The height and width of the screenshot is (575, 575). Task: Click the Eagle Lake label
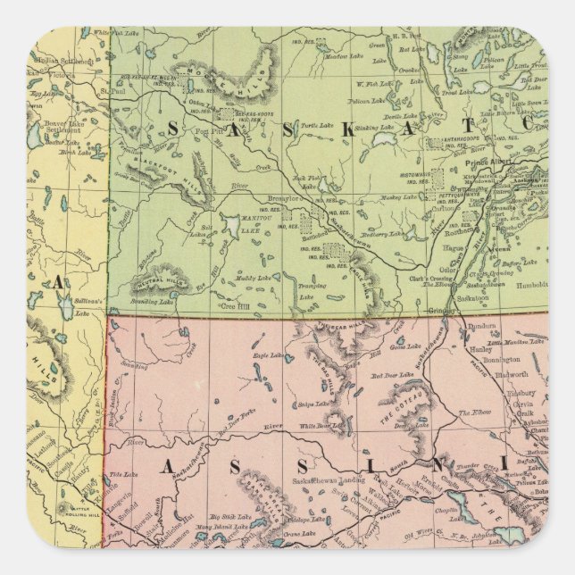click(x=268, y=356)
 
